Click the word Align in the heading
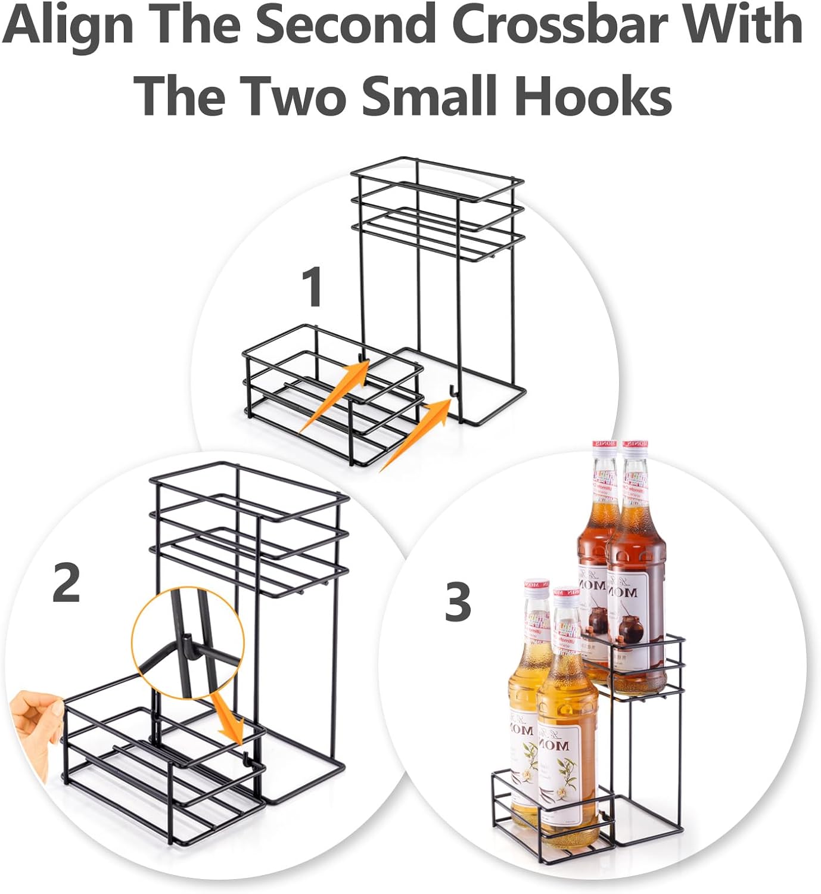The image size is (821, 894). [x=64, y=27]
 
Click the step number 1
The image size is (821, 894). [x=312, y=288]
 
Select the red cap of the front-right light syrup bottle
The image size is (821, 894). [x=566, y=594]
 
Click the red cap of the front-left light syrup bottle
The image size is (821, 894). [x=536, y=585]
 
